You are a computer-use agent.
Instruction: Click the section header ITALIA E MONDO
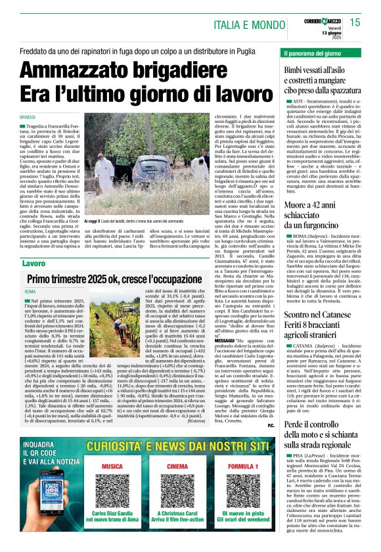click(247, 26)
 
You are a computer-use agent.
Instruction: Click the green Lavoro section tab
click(34, 264)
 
